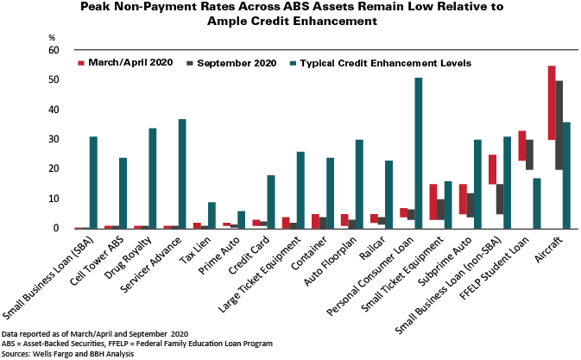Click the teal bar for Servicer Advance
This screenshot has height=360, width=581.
click(182, 174)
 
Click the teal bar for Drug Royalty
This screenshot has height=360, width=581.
click(153, 178)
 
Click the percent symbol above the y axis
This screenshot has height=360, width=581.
click(52, 37)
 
